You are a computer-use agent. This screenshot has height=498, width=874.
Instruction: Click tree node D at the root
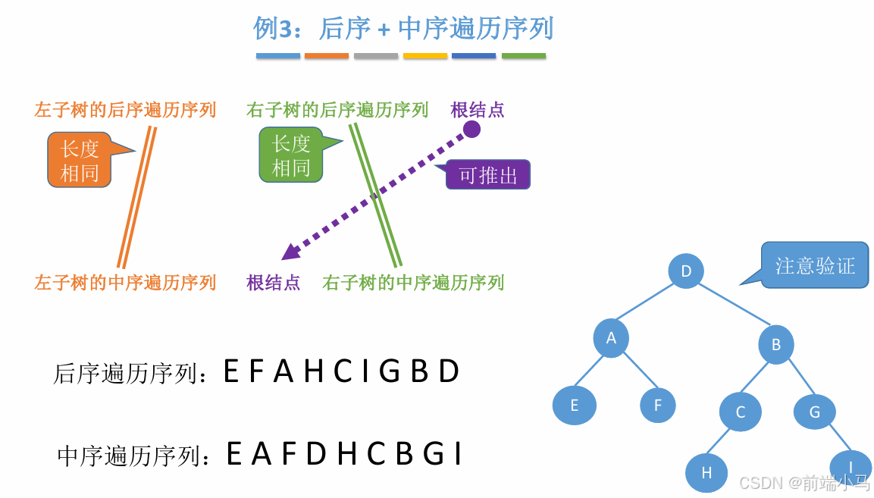click(686, 271)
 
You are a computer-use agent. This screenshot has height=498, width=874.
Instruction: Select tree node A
click(611, 338)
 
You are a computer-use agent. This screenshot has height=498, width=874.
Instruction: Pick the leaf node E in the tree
click(574, 406)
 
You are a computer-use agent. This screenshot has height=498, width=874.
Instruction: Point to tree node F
click(657, 406)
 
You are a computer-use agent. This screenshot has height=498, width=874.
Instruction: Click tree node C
click(741, 412)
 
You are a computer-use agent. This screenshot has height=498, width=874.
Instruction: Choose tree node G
click(815, 412)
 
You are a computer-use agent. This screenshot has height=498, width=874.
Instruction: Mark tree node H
click(706, 473)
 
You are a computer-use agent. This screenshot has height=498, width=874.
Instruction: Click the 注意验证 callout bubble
click(814, 266)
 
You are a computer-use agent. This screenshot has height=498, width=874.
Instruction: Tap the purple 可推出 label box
click(488, 175)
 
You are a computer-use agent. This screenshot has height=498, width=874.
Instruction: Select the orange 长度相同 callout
click(80, 161)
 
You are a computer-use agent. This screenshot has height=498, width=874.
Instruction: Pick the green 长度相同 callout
click(291, 155)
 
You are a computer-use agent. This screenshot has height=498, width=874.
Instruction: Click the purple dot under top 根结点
click(472, 129)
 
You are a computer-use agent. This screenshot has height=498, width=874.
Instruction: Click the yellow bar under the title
click(424, 56)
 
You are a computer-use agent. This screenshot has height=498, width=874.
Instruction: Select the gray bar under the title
click(375, 56)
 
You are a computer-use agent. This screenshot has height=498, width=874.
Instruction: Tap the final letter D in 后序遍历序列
click(450, 371)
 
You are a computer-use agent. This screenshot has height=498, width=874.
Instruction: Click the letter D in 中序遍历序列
click(316, 454)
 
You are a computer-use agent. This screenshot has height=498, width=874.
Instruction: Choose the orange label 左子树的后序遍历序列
click(125, 110)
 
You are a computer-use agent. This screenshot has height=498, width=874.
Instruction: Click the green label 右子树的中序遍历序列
click(413, 283)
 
